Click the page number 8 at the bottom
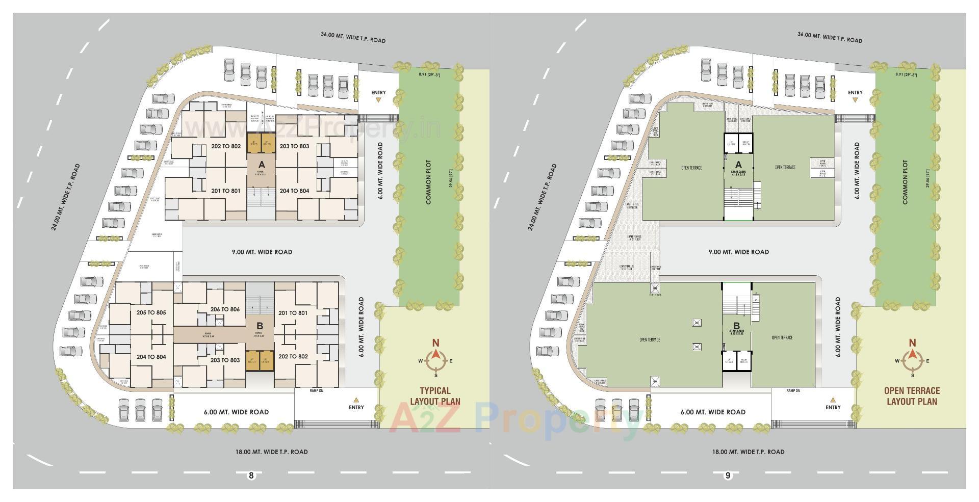(251, 475)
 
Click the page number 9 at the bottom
(728, 475)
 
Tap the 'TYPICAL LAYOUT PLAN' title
(435, 396)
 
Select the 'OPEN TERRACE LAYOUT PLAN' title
(912, 396)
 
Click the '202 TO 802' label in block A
(226, 146)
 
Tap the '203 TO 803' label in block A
(294, 146)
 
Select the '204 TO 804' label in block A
(294, 191)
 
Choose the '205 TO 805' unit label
(151, 312)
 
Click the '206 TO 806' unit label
(225, 309)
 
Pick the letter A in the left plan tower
(262, 165)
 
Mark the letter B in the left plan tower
(260, 326)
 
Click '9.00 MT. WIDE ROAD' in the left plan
(262, 252)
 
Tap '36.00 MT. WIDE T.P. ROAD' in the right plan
(830, 37)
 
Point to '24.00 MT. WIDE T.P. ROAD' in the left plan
(66, 197)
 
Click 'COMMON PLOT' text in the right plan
(905, 182)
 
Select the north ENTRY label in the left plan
(378, 93)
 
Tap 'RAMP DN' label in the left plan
(316, 391)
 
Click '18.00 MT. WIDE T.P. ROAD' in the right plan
(748, 452)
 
